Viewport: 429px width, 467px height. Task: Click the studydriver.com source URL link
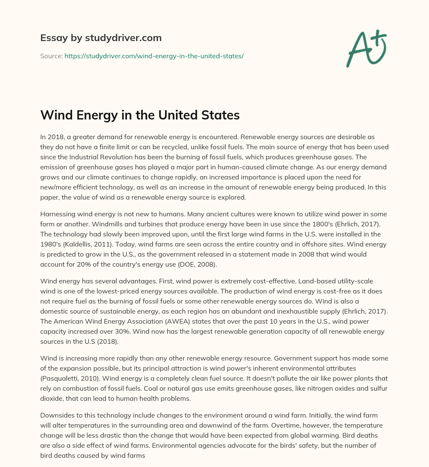click(154, 56)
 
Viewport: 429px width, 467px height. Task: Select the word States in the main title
click(222, 115)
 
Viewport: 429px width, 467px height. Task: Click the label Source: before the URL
click(51, 56)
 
